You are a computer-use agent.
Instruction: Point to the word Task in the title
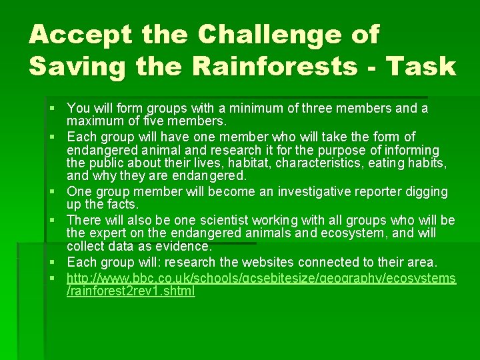tap(424, 67)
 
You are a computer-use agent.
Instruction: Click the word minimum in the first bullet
tap(246, 108)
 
